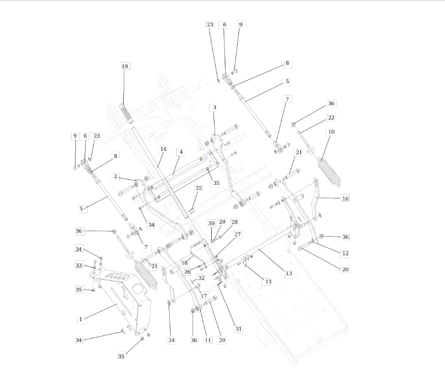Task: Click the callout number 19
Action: point(125,66)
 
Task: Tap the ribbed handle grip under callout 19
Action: point(127,114)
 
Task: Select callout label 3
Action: point(215,108)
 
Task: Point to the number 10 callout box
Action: point(331,132)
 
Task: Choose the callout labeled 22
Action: point(331,118)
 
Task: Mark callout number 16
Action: point(345,198)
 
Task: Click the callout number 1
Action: point(81,320)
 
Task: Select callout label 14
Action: point(163,149)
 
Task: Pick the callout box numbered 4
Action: point(180,152)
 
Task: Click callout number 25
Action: point(199,188)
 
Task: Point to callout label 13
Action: point(288,273)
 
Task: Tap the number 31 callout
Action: point(238,329)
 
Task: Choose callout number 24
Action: point(171,340)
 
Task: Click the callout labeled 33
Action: point(78,265)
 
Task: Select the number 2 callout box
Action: point(115,176)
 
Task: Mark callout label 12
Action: point(345,254)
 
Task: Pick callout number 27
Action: point(237,234)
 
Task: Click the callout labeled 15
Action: point(268,282)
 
